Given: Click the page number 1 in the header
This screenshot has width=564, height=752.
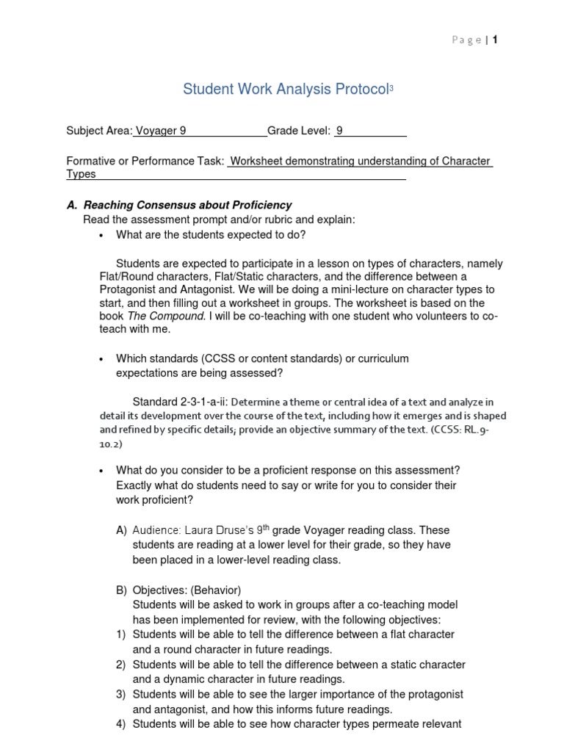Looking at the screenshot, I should tap(496, 40).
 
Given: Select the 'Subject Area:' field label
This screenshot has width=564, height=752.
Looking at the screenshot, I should tap(99, 131).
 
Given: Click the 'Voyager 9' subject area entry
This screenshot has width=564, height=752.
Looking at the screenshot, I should tap(159, 131).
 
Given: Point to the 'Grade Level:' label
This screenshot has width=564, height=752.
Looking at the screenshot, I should tap(299, 131).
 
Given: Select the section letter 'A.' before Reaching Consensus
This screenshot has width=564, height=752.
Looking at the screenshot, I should tap(72, 205).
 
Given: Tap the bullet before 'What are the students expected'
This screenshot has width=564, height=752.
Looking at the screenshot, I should tap(101, 236).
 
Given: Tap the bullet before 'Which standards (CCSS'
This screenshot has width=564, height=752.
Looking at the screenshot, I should tap(101, 359).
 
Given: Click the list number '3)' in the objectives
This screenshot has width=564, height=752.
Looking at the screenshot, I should tap(120, 694).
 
